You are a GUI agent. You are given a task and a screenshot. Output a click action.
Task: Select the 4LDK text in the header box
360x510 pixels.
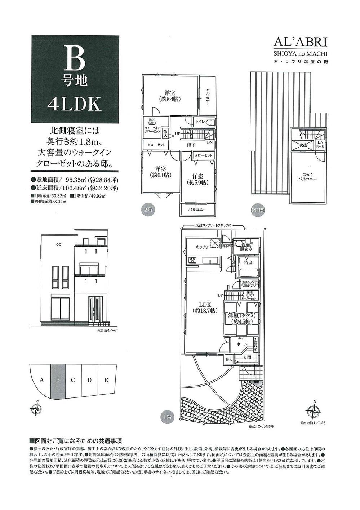click(x=75, y=104)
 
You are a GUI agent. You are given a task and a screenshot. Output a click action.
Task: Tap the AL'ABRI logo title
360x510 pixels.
click(x=300, y=42)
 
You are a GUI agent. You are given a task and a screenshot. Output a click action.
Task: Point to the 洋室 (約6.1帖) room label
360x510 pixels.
click(x=160, y=172)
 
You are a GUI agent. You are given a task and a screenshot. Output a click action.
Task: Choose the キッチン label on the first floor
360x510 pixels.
click(x=202, y=247)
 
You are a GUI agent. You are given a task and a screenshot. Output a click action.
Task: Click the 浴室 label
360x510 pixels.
click(x=248, y=263)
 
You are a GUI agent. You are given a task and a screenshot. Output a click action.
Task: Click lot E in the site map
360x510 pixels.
click(x=106, y=380)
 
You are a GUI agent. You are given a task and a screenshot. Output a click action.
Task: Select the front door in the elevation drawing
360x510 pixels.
click(x=96, y=309)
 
